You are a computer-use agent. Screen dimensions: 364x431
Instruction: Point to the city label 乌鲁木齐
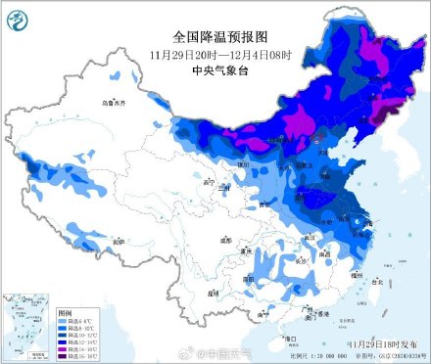[117, 102]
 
